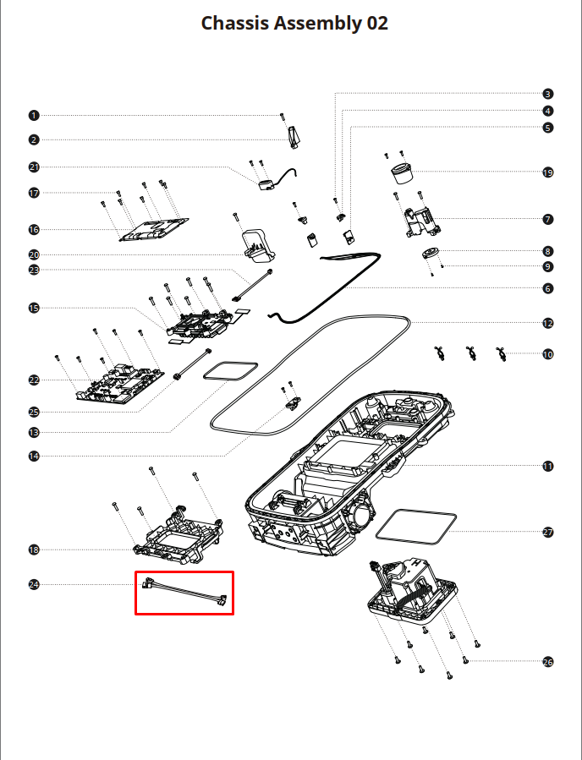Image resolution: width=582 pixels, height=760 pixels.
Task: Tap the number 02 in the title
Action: pyautogui.click(x=376, y=24)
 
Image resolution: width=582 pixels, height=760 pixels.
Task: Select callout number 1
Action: pyautogui.click(x=34, y=115)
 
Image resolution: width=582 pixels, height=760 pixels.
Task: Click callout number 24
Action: pyautogui.click(x=34, y=584)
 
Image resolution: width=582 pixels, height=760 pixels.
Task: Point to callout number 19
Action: pyautogui.click(x=547, y=172)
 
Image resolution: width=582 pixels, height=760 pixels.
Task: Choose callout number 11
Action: pyautogui.click(x=547, y=467)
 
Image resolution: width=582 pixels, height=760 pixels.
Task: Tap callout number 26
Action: pyautogui.click(x=547, y=662)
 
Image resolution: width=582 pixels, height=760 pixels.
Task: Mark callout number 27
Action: pyautogui.click(x=547, y=533)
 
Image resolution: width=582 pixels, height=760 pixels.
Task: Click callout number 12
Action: pyautogui.click(x=547, y=323)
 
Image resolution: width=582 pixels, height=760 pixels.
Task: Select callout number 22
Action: pyautogui.click(x=34, y=380)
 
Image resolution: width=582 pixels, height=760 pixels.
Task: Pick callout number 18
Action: pyautogui.click(x=34, y=549)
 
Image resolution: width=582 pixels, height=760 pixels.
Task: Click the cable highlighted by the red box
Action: pyautogui.click(x=184, y=592)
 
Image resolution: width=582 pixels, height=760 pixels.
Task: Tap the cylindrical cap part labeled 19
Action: pyautogui.click(x=402, y=173)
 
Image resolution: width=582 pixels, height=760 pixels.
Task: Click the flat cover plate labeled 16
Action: pyautogui.click(x=154, y=230)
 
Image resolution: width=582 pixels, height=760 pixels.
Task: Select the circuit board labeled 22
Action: pyautogui.click(x=120, y=385)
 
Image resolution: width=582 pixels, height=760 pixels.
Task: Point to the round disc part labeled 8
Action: pyautogui.click(x=431, y=254)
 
